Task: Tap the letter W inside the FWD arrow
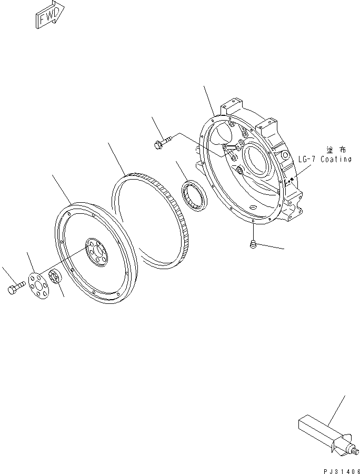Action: pyautogui.click(x=49, y=17)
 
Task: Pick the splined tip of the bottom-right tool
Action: pyautogui.click(x=355, y=450)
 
